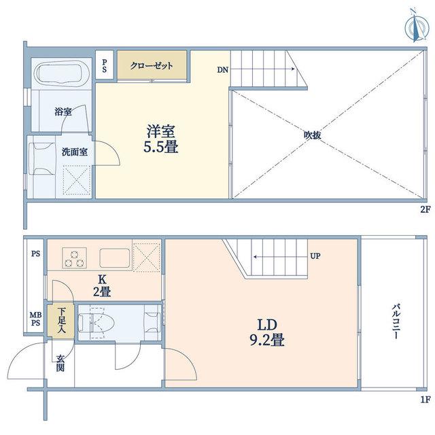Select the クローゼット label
coord(152,66)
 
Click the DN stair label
coord(223,70)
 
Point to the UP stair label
coord(315,256)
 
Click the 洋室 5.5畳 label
coord(161,139)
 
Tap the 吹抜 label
coord(313,135)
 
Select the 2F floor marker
coord(425,209)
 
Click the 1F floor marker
coord(425,400)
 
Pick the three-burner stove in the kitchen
coord(74,258)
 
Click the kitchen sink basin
coord(115,258)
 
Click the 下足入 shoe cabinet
coord(60,321)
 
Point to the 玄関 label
coord(60,363)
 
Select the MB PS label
coord(36,319)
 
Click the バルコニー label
coord(396,321)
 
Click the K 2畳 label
coord(102,285)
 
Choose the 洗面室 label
coord(74,152)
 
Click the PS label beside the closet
coord(104,66)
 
